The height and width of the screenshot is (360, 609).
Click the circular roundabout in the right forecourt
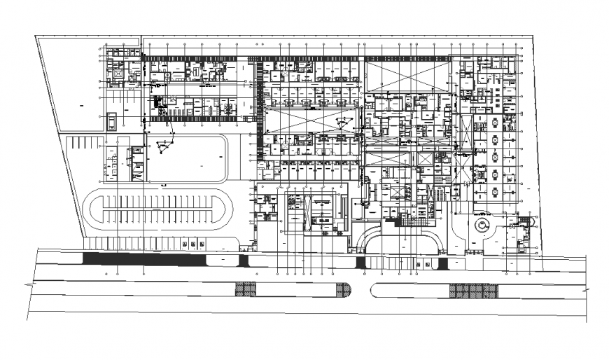(x=482, y=226)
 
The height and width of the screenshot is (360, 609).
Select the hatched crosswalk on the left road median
(x=246, y=289)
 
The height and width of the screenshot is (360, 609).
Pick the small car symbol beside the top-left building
(x=112, y=121)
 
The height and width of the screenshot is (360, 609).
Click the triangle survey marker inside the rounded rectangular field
(x=164, y=146)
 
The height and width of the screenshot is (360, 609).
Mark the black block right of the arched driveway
(x=442, y=263)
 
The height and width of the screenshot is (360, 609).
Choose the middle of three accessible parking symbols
(x=191, y=244)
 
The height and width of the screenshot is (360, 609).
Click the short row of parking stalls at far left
(x=86, y=142)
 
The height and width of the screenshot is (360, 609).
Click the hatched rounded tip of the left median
(x=343, y=289)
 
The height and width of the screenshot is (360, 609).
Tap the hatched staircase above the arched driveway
(x=405, y=223)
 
